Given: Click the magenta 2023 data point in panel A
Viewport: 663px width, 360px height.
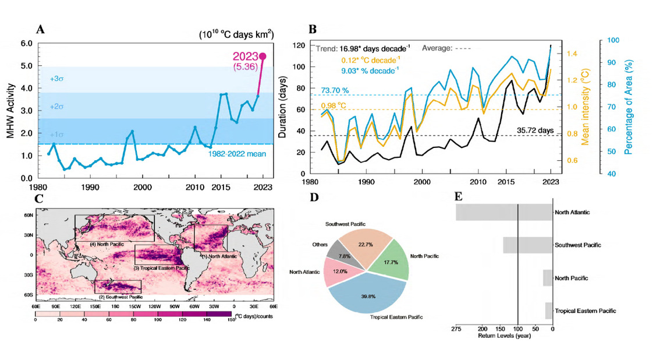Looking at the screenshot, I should (263, 56).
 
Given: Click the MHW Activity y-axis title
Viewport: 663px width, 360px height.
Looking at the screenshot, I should (10, 111).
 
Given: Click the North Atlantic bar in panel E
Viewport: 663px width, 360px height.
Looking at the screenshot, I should (504, 212).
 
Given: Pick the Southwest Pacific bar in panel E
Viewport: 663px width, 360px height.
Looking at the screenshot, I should (527, 245).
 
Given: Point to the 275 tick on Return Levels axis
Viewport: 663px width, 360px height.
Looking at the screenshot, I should (456, 329).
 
